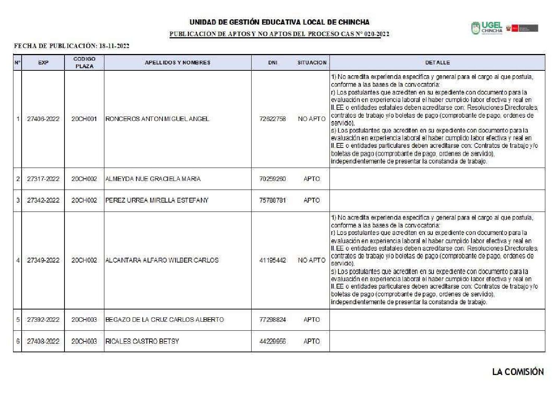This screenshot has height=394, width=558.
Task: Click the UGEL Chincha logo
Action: [487, 28]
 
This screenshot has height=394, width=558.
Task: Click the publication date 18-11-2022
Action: [114, 46]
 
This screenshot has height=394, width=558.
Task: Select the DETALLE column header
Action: [437, 63]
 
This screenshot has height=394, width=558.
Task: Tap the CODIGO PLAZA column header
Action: [84, 63]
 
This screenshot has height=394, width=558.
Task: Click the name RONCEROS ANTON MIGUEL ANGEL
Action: [157, 119]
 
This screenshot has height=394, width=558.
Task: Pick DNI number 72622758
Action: [272, 119]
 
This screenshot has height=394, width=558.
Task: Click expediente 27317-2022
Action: [43, 179]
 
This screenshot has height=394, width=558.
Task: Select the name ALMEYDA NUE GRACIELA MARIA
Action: [153, 179]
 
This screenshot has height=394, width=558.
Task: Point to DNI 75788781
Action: [272, 200]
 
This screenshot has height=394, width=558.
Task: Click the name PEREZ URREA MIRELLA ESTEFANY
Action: [157, 200]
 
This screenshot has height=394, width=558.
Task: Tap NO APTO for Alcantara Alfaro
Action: [312, 260]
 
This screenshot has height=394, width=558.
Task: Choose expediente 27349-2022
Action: [43, 260]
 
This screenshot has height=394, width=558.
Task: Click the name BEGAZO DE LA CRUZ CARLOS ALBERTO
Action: [164, 320]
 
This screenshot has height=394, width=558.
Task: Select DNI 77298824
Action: [272, 320]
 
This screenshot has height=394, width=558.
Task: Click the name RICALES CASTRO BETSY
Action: [142, 341]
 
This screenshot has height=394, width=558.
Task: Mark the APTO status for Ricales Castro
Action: [312, 341]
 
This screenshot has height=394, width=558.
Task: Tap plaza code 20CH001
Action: [84, 119]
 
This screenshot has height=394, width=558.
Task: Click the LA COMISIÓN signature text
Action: [518, 372]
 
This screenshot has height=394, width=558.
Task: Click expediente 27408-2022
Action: [43, 341]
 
